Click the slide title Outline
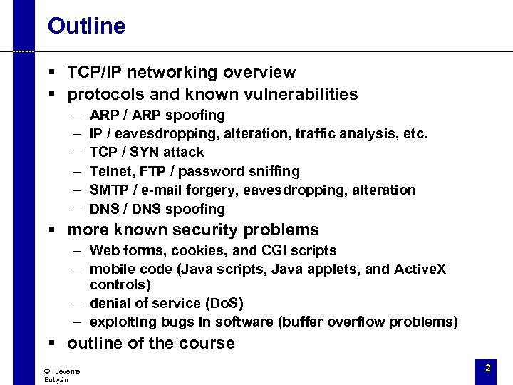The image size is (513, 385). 86,26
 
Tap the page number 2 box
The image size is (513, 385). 487,369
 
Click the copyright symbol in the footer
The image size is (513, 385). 46,371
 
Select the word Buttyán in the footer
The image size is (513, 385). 56,380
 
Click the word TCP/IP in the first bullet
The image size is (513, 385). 94,72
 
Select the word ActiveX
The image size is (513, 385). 420,269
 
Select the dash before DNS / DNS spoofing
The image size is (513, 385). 76,209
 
